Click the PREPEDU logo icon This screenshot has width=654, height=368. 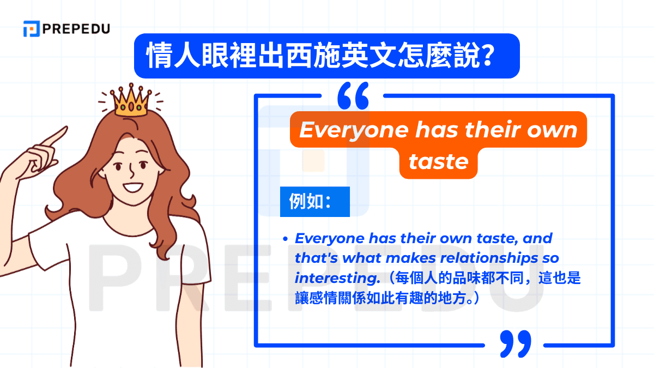point(31,28)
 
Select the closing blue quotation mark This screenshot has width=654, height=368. point(514,343)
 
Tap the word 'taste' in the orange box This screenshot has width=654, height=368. point(438,161)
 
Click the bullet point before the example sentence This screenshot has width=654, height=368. point(285,239)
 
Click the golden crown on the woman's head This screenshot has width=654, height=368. point(131,100)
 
